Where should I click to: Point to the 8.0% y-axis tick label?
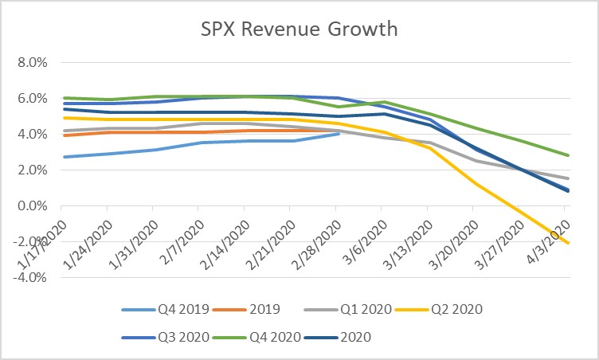32,62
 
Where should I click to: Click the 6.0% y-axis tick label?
32,98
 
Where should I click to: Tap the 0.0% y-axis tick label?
32,206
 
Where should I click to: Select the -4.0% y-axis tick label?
30,278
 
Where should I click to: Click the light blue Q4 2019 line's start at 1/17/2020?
62,157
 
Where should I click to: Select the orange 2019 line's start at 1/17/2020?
62,135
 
